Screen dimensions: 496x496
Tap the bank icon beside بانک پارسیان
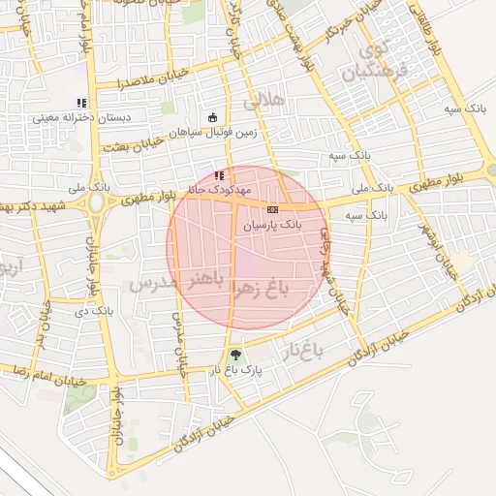tap(272, 208)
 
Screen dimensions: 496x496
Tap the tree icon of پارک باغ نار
tap(233, 355)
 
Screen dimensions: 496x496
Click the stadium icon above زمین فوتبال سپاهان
tap(212, 118)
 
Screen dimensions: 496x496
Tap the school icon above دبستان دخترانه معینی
tap(81, 103)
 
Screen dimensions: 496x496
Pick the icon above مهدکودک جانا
tap(219, 176)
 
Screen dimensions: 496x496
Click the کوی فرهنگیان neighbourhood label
tap(377, 60)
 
